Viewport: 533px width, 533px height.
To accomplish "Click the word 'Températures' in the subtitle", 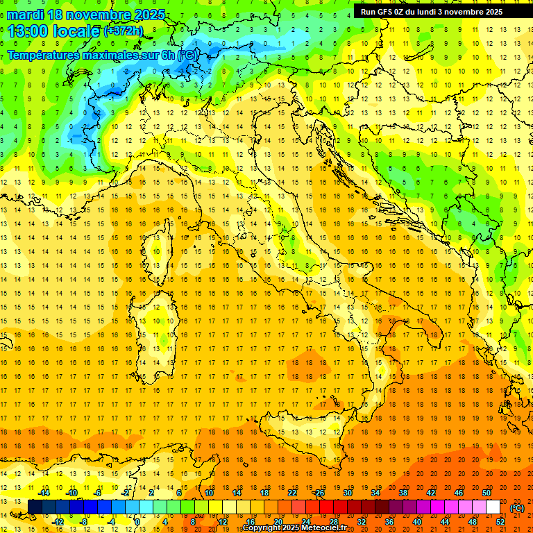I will (49, 55).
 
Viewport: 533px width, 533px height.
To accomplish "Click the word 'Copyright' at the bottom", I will (262, 528).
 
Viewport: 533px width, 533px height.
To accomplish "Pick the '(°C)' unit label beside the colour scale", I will (517, 508).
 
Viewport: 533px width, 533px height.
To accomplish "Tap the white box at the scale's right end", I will (493, 507).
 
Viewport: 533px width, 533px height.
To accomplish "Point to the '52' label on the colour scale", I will (500, 522).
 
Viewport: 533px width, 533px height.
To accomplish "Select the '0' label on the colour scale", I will (137, 522).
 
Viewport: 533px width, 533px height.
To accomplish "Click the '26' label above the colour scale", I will (320, 493).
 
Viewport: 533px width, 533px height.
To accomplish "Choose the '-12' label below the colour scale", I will (58, 522).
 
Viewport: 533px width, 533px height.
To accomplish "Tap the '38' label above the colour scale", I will (403, 493).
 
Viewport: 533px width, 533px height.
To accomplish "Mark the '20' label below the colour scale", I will (278, 522).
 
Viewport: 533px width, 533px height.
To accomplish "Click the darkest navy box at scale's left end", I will (35, 507).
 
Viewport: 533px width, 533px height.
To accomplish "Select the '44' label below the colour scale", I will (445, 522).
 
